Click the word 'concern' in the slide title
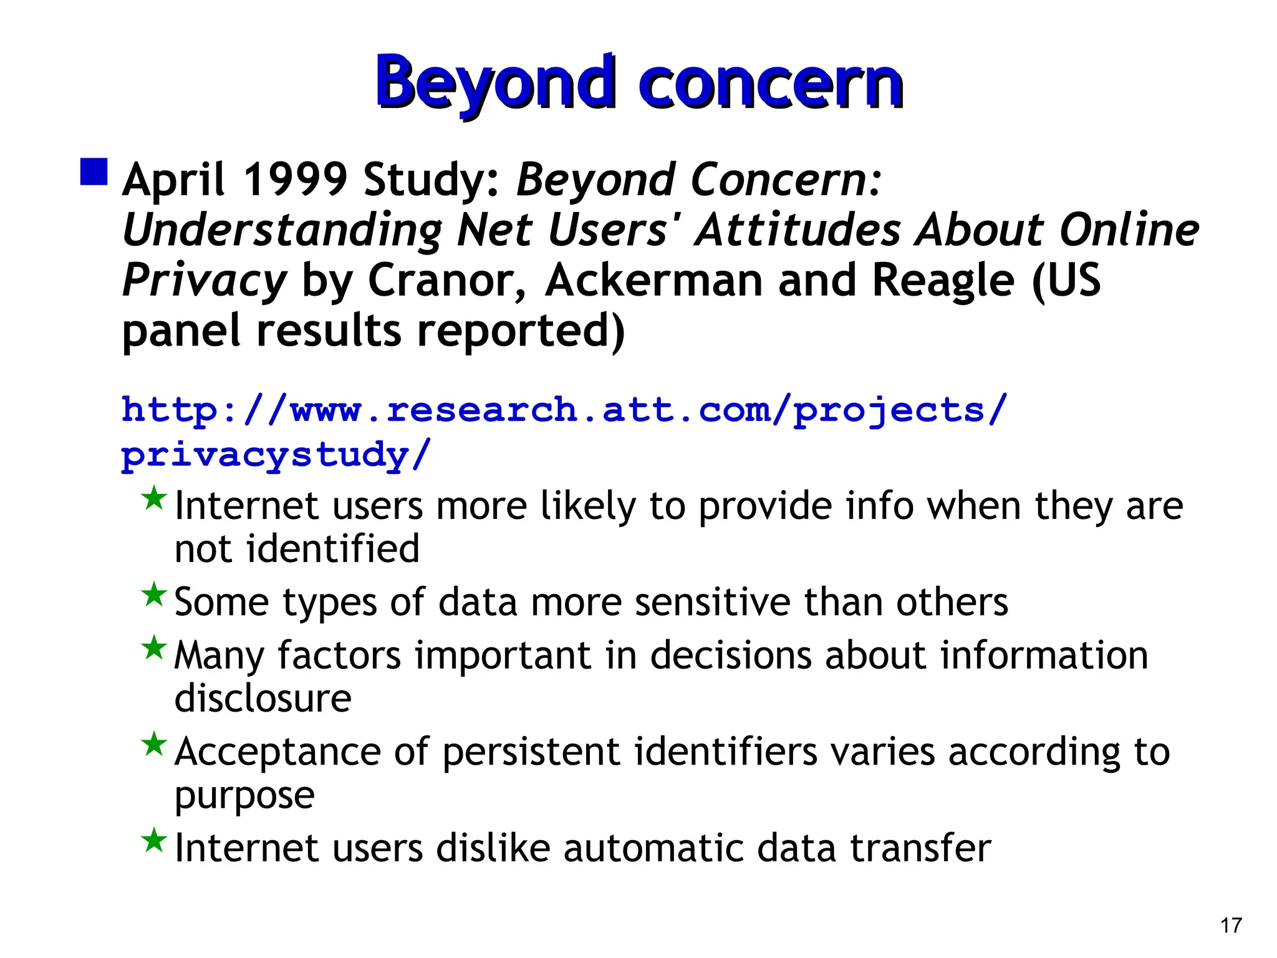[771, 84]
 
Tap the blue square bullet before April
[94, 172]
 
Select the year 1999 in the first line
[294, 180]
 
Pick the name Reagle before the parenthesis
[943, 280]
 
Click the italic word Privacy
[204, 281]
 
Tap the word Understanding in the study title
[282, 231]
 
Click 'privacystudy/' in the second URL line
[276, 455]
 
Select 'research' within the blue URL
[481, 410]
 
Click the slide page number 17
[1231, 925]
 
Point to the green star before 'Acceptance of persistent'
[153, 743]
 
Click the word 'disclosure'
[263, 698]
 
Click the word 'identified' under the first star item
[333, 549]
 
